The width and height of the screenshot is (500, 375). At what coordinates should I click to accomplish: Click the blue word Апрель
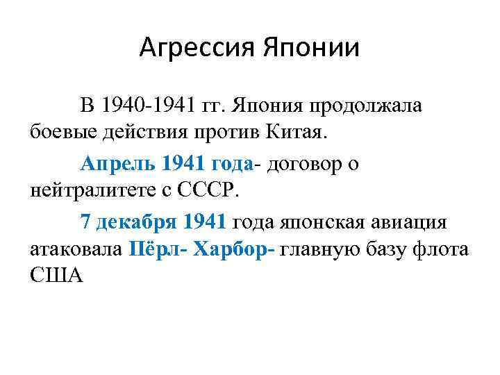click(x=117, y=164)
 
